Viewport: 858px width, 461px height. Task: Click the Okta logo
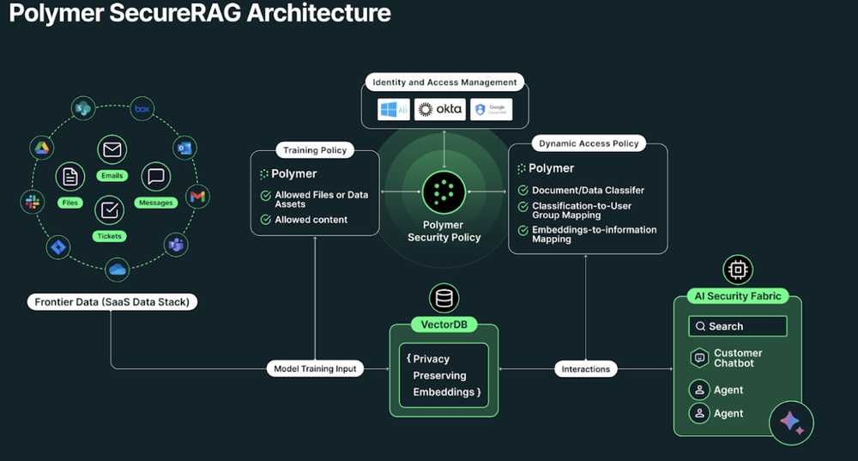coord(439,110)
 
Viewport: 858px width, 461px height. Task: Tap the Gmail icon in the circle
coord(198,197)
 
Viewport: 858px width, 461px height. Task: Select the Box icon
coord(142,110)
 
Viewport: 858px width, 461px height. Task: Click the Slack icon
coord(33,202)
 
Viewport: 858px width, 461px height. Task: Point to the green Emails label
coord(112,176)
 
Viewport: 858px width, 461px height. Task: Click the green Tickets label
coord(110,236)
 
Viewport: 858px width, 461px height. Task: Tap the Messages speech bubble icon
coord(155,177)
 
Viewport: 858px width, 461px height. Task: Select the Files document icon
coord(69,178)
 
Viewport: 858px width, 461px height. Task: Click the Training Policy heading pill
coord(315,150)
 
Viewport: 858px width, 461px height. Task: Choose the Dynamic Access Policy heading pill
coord(588,143)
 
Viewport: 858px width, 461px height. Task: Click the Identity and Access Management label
coord(444,82)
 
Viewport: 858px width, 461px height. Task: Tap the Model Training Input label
coord(315,368)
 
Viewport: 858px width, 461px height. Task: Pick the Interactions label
coord(586,368)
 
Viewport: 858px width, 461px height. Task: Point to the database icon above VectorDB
coord(444,298)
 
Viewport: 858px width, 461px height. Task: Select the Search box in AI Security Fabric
coord(737,326)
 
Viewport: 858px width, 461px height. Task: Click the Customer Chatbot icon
coord(698,358)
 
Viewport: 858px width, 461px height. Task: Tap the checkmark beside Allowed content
coord(265,220)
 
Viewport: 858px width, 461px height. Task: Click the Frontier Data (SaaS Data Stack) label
coord(112,302)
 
